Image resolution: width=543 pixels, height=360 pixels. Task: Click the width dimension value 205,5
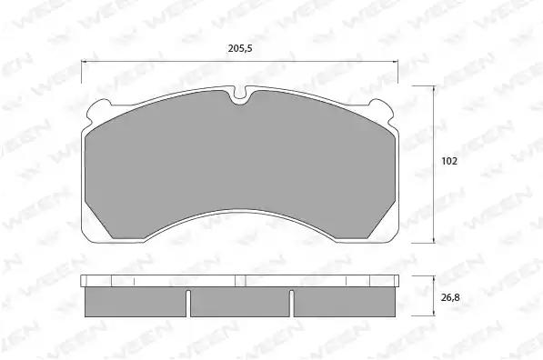(x=240, y=48)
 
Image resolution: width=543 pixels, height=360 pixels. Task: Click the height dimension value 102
(x=449, y=161)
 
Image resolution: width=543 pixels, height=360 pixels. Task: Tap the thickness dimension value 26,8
(x=450, y=297)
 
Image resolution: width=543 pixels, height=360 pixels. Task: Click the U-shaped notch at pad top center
(x=239, y=95)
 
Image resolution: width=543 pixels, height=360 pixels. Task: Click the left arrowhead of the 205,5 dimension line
(x=84, y=62)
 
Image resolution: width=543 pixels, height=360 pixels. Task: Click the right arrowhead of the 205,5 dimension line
(x=395, y=62)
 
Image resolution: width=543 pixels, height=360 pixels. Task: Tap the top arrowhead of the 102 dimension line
(x=434, y=88)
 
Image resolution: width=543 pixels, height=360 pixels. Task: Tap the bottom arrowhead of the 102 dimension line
(x=434, y=240)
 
